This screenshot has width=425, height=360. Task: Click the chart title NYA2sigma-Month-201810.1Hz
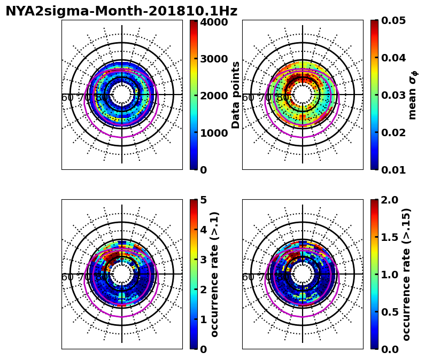(x=121, y=11)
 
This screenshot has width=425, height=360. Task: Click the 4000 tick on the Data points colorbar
(x=214, y=22)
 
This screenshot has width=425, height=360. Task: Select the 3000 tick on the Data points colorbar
(x=214, y=59)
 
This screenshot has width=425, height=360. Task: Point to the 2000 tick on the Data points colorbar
(x=214, y=96)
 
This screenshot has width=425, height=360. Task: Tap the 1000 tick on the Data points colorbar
(x=214, y=133)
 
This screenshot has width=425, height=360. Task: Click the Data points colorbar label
(x=236, y=95)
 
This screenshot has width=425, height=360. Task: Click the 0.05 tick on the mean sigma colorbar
(x=395, y=20)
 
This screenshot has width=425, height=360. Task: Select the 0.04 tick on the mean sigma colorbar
(x=395, y=58)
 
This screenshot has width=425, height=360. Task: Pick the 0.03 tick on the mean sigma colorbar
(x=395, y=95)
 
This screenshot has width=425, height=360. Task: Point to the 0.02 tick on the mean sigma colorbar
(x=395, y=132)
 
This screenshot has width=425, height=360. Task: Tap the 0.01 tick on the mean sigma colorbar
(x=395, y=170)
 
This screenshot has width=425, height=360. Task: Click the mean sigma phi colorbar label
(x=412, y=95)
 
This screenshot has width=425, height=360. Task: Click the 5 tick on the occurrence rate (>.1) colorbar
(x=203, y=200)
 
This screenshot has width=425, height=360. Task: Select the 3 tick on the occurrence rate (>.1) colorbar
(x=203, y=260)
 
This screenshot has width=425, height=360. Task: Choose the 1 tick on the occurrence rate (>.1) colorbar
(x=203, y=319)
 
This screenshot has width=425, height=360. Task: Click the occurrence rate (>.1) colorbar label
(x=215, y=274)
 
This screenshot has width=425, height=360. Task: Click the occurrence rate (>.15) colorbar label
(x=407, y=274)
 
